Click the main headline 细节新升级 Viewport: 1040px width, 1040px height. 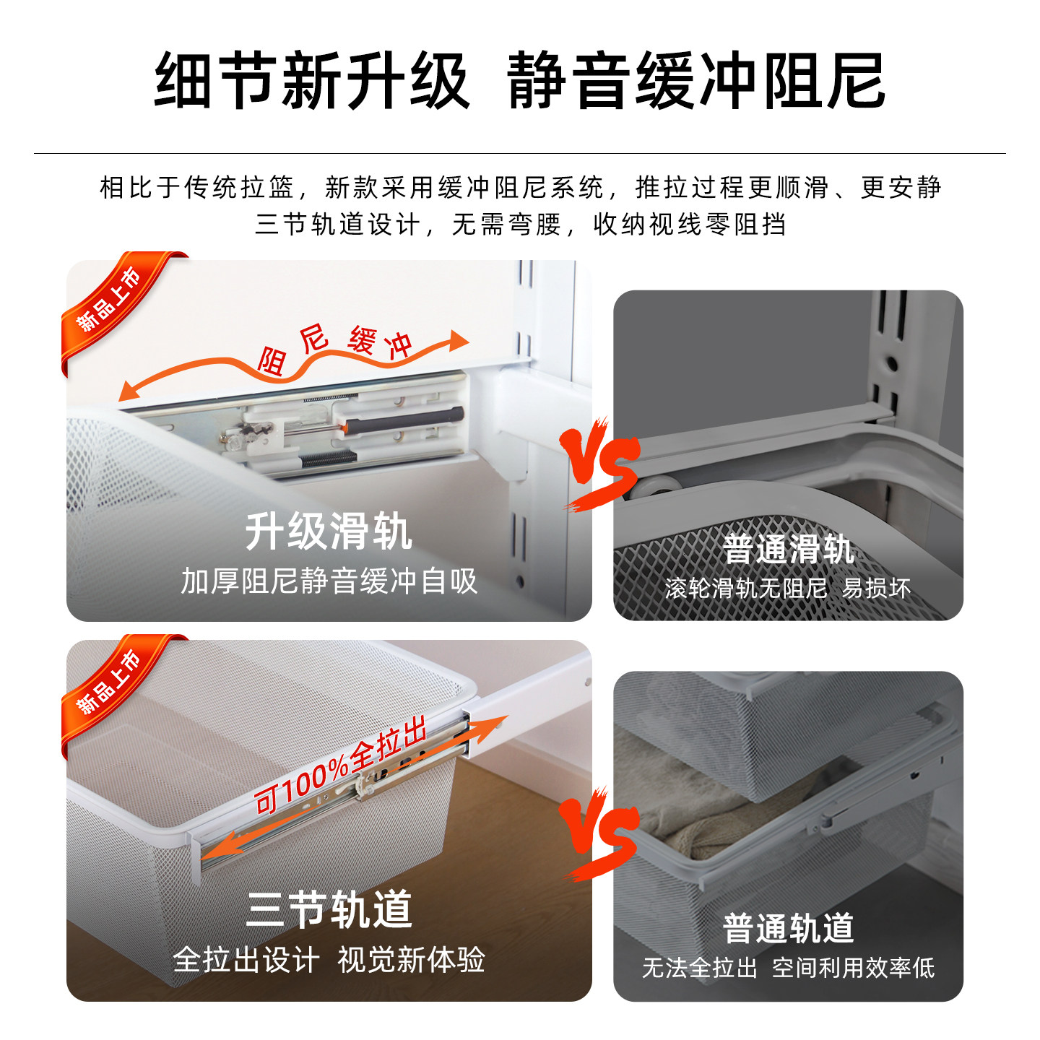[312, 81]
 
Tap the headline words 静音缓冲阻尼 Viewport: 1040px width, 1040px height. [696, 81]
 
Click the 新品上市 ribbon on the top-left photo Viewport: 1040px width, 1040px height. [112, 302]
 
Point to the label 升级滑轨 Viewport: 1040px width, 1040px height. [329, 532]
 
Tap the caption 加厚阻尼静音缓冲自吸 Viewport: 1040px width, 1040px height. [329, 581]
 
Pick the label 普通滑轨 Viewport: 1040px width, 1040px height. [788, 549]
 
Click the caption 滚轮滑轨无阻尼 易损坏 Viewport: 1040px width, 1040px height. [788, 589]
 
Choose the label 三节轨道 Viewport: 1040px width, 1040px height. [329, 910]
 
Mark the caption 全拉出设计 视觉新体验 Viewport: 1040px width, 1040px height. [329, 961]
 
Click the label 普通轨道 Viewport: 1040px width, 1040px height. [788, 928]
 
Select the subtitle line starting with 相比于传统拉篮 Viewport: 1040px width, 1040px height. [520, 188]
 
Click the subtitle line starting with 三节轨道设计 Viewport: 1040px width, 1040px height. [520, 225]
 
